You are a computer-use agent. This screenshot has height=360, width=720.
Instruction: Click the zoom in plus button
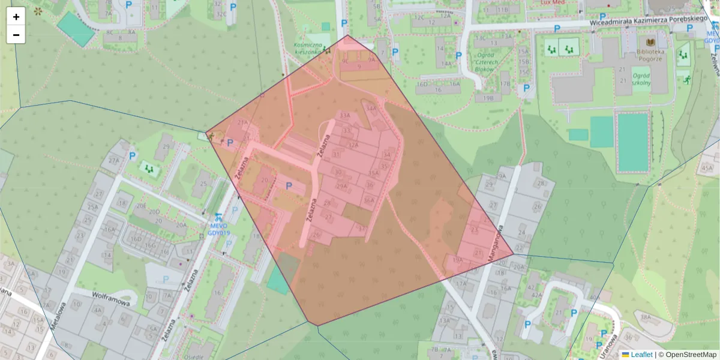(16, 16)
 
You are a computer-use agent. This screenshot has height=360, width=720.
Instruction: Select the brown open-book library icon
(651, 43)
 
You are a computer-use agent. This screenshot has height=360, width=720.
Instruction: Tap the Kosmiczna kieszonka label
(308, 49)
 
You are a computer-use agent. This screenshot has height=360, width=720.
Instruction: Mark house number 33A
(344, 115)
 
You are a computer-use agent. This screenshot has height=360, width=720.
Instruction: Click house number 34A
(371, 109)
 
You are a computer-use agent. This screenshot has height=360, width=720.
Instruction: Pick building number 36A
(369, 201)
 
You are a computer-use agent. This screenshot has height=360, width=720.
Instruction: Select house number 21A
(242, 122)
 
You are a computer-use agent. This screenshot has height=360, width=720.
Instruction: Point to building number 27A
(113, 161)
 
